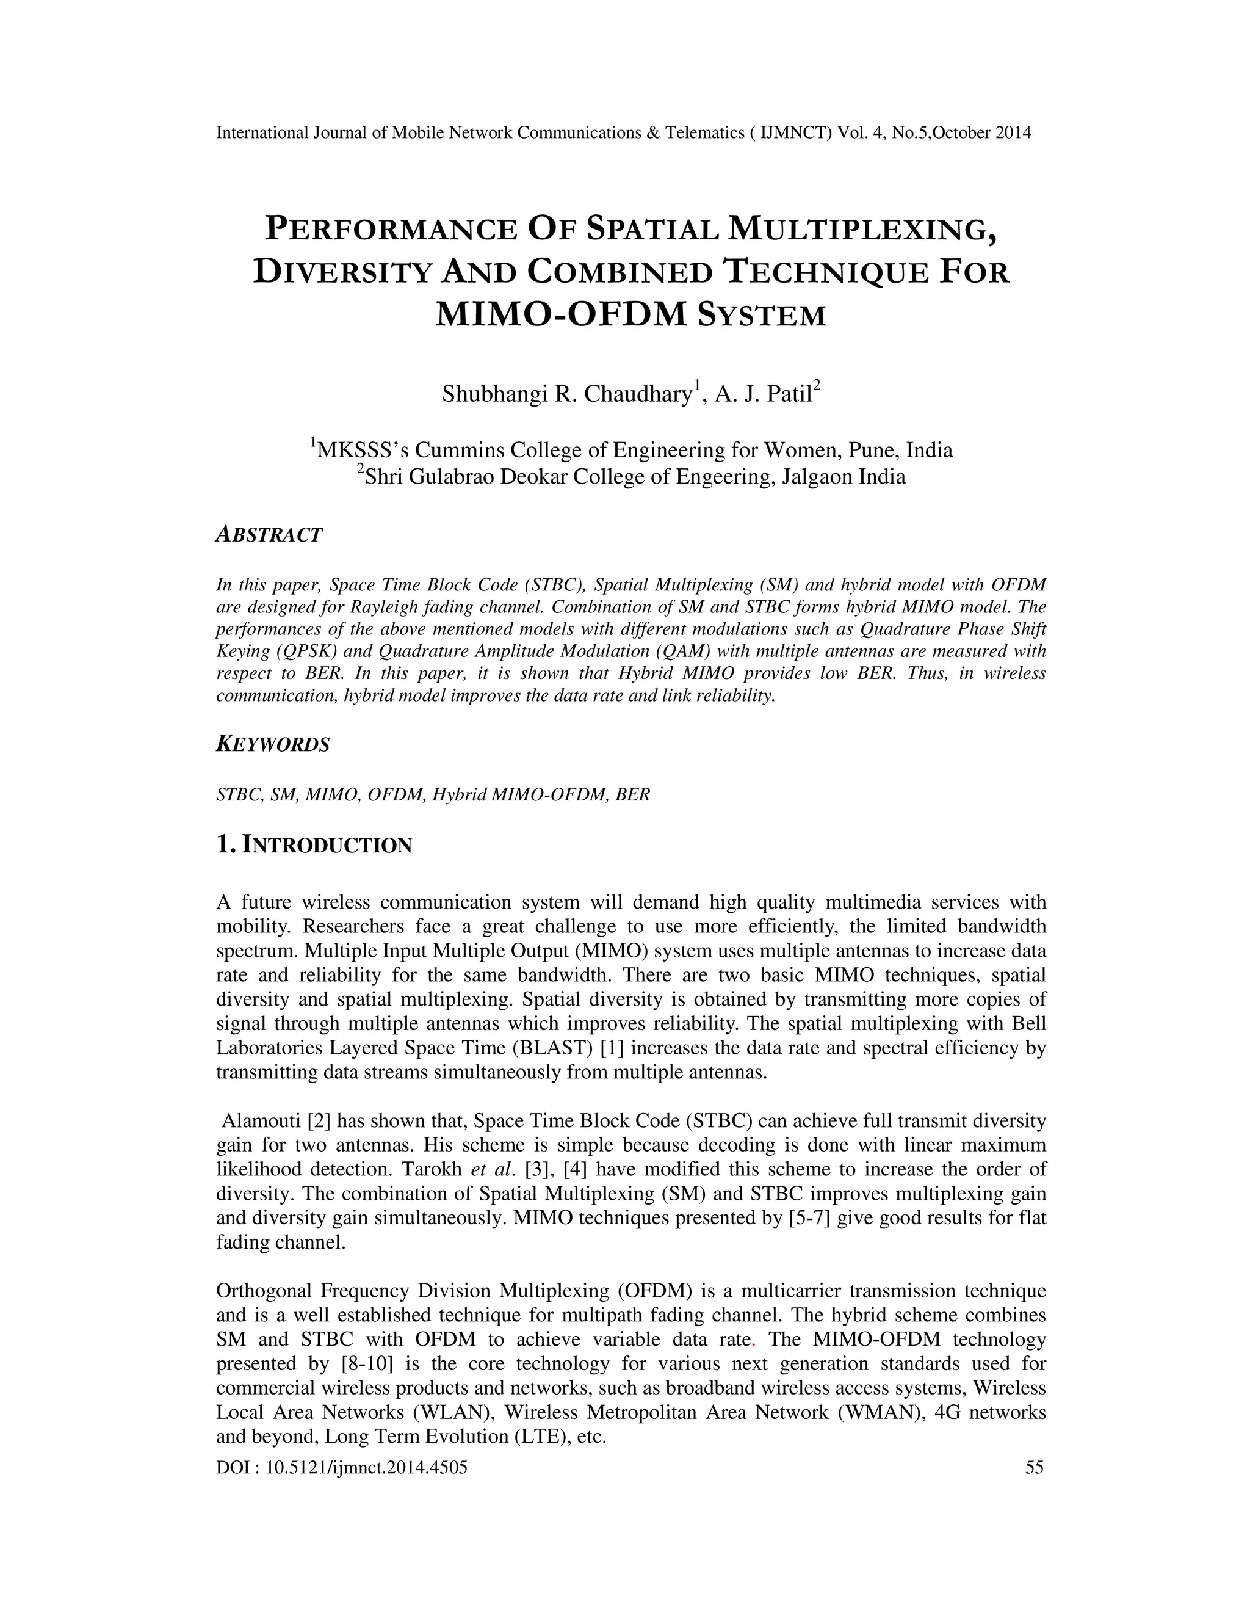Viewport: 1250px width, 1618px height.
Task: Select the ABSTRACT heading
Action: (x=269, y=535)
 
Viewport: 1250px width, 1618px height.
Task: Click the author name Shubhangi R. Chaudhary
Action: (x=566, y=394)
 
